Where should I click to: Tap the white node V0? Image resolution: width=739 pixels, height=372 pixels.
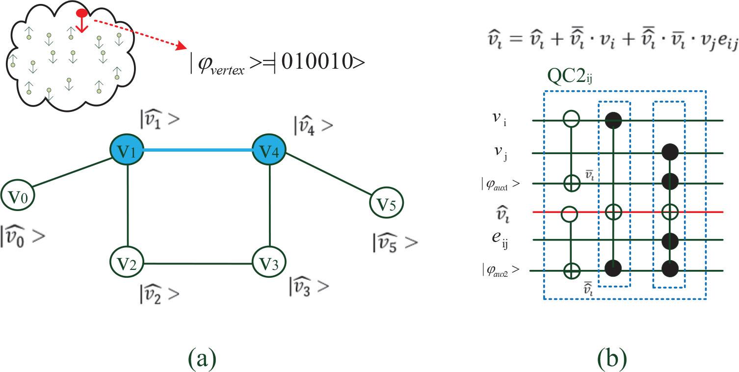tap(17, 197)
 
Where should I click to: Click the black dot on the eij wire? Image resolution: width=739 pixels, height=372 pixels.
tap(670, 240)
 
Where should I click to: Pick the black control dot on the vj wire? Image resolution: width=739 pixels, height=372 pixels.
tap(670, 152)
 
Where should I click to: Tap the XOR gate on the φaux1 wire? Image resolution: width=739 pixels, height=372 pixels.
tap(571, 183)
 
